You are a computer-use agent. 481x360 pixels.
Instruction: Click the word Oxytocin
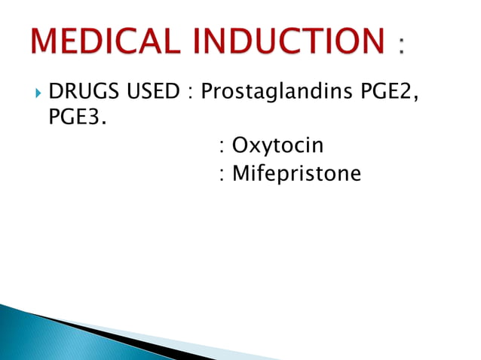click(277, 145)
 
